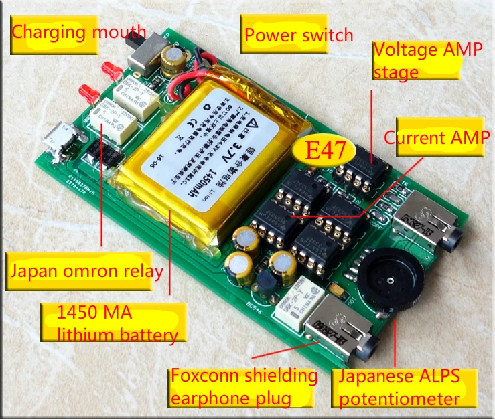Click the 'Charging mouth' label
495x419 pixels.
(x=78, y=31)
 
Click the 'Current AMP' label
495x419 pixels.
(x=436, y=138)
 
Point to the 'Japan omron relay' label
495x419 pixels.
(x=86, y=272)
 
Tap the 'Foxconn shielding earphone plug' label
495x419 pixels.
(x=243, y=387)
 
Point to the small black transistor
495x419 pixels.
(x=266, y=284)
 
